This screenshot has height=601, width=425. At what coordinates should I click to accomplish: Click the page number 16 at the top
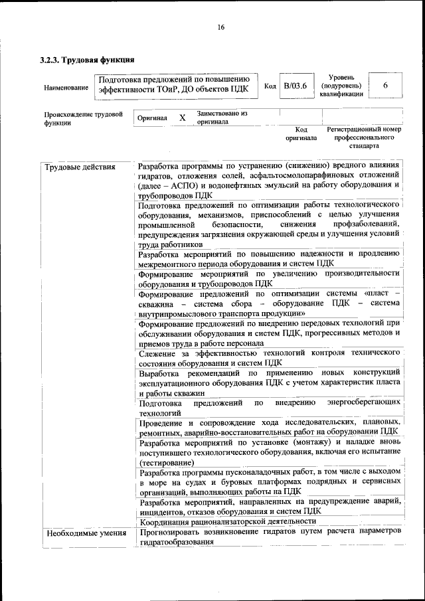coord(220,27)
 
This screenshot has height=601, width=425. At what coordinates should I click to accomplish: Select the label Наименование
coord(65,88)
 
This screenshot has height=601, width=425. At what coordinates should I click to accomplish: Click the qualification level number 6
coord(385,86)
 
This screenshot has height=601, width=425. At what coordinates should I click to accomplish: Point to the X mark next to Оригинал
coord(182,118)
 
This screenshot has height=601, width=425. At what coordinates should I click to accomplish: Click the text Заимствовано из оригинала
coord(221,118)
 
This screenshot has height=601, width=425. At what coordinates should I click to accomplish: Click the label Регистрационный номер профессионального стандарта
coord(364,137)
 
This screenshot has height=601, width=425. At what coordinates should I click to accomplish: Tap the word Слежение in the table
coord(159,351)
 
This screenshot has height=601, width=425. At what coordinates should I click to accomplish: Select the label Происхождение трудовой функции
coord(84,118)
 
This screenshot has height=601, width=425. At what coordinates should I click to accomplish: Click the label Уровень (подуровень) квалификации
coord(341,86)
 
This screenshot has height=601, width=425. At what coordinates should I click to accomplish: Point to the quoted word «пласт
coord(377,292)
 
